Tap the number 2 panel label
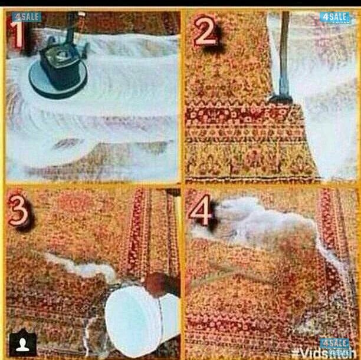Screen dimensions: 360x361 pyautogui.click(x=204, y=34)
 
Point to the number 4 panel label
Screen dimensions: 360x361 pyautogui.click(x=201, y=212)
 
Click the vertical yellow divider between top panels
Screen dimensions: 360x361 pyautogui.click(x=182, y=94)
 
